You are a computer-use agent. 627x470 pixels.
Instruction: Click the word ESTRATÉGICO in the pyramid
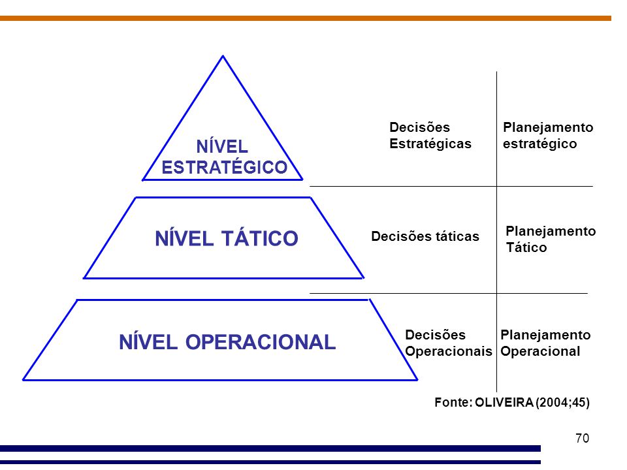(x=224, y=167)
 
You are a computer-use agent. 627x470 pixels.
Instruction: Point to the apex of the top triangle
(x=223, y=57)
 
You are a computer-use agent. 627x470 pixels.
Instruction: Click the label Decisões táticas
(x=425, y=236)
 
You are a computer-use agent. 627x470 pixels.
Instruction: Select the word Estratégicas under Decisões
(x=430, y=144)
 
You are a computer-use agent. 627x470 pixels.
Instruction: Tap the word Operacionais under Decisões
(x=448, y=351)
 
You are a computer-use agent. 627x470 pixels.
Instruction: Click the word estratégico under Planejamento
(x=540, y=144)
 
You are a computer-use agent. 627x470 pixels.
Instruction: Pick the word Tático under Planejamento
(x=526, y=248)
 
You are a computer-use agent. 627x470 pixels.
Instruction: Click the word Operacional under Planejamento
(x=540, y=351)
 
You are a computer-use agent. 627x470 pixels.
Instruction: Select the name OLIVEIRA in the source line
(x=504, y=403)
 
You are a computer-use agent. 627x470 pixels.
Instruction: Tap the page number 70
(x=583, y=438)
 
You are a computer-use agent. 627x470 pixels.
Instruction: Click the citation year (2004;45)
(x=562, y=403)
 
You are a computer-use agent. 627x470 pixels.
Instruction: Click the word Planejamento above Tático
(x=551, y=231)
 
